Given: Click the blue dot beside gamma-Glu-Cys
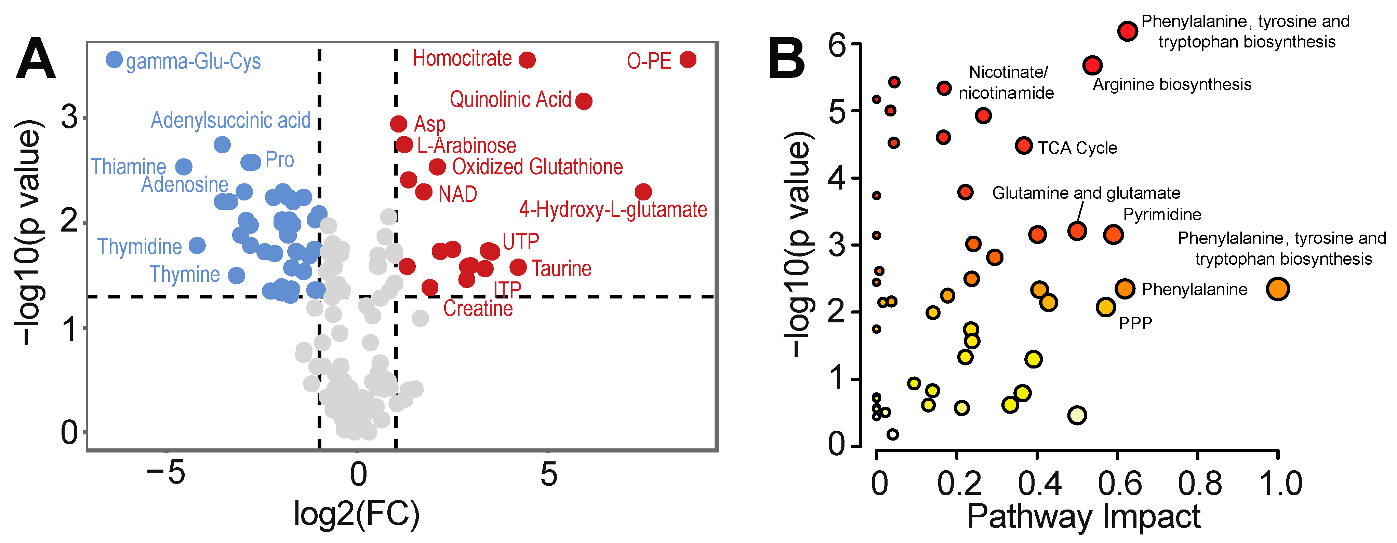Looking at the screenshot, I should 114,60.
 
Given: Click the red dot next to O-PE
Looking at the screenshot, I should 688,60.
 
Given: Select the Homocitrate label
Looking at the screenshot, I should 462,58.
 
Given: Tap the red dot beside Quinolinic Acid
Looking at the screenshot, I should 584,101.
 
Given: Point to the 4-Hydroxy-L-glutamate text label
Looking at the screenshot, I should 613,210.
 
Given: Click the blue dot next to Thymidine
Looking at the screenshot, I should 197,246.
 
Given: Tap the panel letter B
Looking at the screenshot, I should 786,60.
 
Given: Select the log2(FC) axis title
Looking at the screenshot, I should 356,514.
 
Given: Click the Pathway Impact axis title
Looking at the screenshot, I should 1083,516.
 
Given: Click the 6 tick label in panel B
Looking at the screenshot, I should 837,45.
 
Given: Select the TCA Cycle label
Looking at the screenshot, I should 1077,148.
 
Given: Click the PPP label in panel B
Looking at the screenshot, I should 1135,323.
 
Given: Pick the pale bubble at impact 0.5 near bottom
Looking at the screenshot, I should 1077,416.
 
